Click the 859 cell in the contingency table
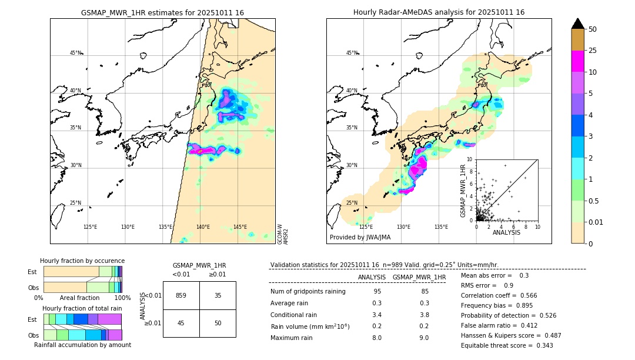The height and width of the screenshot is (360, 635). (181, 295)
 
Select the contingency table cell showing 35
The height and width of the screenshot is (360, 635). (218, 295)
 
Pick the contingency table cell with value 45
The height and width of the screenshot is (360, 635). (181, 324)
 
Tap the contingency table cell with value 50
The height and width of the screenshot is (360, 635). (218, 324)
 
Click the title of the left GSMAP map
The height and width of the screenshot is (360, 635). (162, 12)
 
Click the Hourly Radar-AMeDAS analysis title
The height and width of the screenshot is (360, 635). (439, 12)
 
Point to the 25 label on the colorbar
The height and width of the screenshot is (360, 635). (593, 51)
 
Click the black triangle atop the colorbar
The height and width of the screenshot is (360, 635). (578, 24)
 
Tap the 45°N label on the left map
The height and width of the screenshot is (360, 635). (75, 53)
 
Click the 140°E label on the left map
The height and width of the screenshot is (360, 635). (203, 227)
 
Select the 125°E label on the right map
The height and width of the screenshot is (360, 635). (366, 227)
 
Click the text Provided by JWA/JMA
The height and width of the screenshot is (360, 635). (360, 237)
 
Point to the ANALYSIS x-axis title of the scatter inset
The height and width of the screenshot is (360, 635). (506, 232)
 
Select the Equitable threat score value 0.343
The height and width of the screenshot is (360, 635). (542, 345)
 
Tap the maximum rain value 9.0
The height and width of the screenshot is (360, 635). (419, 338)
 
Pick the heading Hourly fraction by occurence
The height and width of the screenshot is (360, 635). (82, 261)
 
